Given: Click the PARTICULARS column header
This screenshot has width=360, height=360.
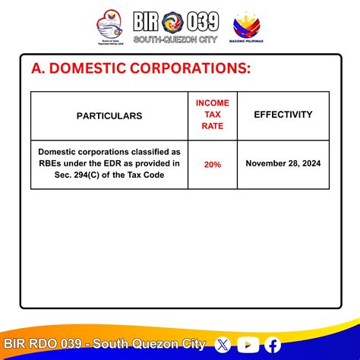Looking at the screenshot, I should pyautogui.click(x=109, y=116).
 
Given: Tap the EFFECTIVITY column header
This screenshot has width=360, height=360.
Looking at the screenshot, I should pyautogui.click(x=283, y=115).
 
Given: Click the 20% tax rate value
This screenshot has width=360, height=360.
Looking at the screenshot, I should pyautogui.click(x=212, y=164).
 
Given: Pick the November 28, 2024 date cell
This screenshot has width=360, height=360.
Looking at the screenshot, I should pyautogui.click(x=283, y=163).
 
